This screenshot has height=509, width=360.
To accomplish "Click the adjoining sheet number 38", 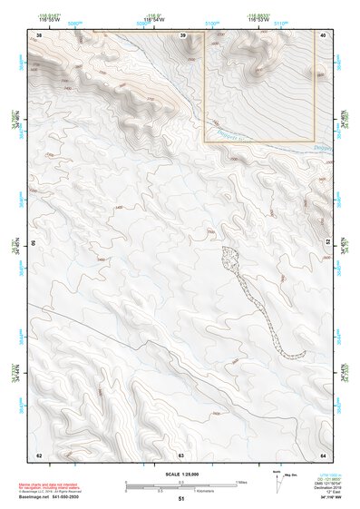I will (38, 34).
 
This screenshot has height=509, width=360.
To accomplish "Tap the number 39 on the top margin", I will (182, 34).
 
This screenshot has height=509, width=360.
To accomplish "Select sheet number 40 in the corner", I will (324, 34).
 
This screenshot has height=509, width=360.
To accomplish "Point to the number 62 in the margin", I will (38, 455).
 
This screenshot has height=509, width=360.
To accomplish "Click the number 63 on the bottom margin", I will (181, 455).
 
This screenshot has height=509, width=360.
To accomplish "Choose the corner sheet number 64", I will (324, 455).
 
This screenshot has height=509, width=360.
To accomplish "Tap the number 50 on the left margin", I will (34, 244).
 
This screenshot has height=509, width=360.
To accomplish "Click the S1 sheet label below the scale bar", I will (181, 499).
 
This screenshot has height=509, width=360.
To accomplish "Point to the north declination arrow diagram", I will (276, 480).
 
